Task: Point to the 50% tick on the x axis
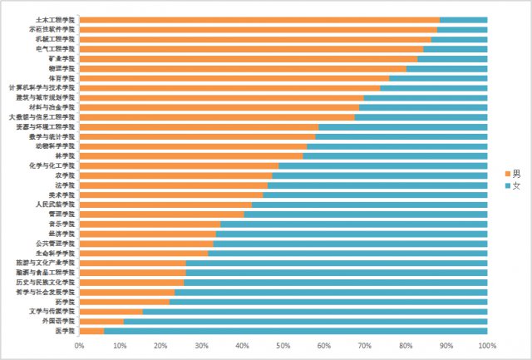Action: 283,344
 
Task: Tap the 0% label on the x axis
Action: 80,344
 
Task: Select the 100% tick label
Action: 487,344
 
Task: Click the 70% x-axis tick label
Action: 365,344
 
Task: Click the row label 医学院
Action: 66,330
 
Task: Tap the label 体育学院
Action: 63,78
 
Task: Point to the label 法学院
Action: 66,185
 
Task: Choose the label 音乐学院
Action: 63,224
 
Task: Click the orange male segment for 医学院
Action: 91,330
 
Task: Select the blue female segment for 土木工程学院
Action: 463,20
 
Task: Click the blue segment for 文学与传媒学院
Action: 315,311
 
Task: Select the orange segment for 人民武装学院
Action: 165,204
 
